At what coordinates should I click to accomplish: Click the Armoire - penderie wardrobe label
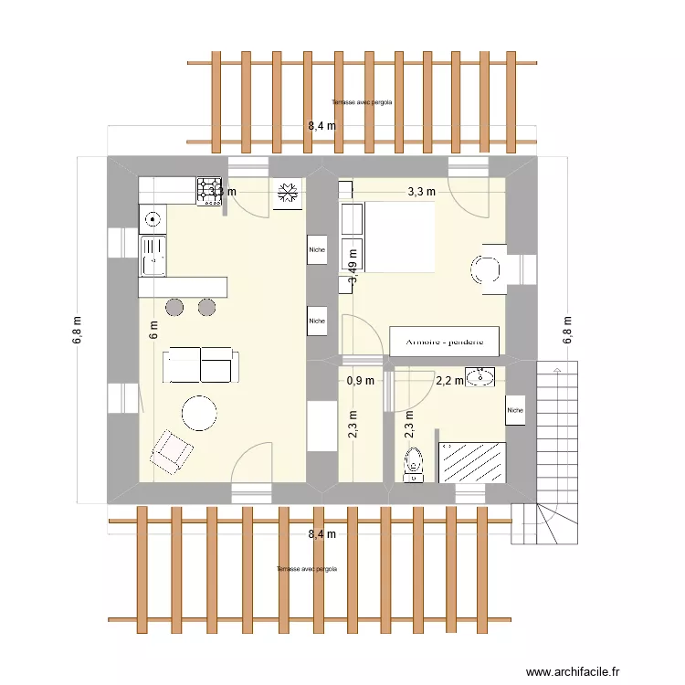[x=445, y=342]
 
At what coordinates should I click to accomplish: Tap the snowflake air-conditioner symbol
[x=289, y=193]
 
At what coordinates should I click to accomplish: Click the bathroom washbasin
[x=479, y=376]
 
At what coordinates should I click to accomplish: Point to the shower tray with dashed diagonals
[x=472, y=461]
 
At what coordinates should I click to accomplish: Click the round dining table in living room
[x=199, y=413]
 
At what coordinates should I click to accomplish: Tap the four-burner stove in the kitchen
[x=208, y=189]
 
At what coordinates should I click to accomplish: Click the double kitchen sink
[x=152, y=255]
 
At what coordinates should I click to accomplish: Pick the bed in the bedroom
[x=388, y=237]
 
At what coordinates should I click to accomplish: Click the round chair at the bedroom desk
[x=484, y=269]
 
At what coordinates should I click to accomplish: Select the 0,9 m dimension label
[x=360, y=381]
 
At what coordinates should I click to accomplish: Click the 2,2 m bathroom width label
[x=449, y=381]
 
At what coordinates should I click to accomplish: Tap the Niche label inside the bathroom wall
[x=516, y=410]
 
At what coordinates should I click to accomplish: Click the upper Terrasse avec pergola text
[x=363, y=103]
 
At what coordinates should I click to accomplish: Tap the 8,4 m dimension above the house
[x=321, y=127]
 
